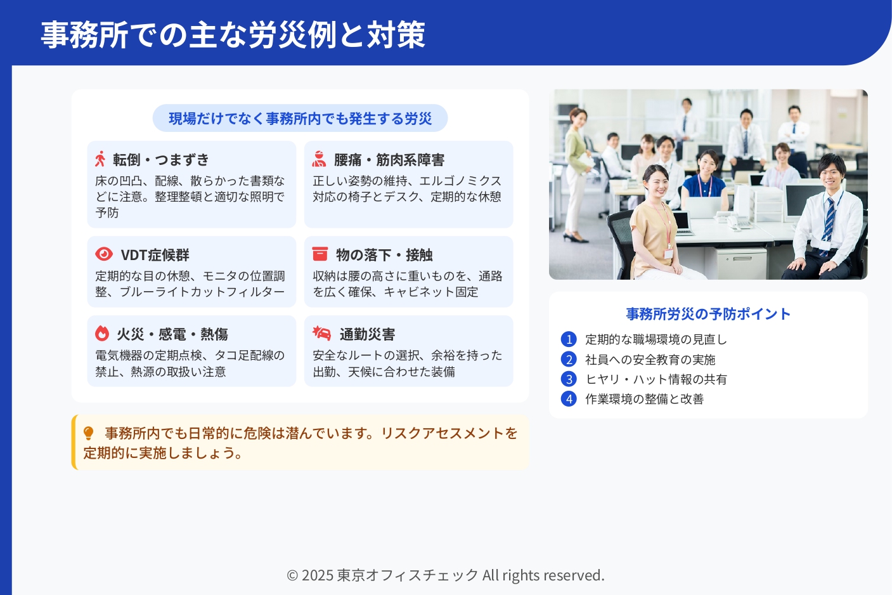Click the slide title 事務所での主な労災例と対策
click(233, 35)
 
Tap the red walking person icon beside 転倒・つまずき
click(100, 159)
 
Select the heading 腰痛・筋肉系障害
click(389, 160)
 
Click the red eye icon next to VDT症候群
click(104, 254)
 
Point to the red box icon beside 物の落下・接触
click(320, 254)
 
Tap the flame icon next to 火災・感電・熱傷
click(102, 333)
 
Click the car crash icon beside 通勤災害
click(322, 333)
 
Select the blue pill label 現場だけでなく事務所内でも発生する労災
click(301, 119)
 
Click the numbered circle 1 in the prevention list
click(569, 339)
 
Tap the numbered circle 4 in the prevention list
click(569, 399)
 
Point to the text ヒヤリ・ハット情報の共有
click(656, 379)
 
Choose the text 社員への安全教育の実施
click(650, 360)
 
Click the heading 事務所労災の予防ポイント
click(708, 314)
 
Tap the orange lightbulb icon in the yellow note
click(88, 433)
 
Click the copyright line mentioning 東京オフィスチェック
click(446, 575)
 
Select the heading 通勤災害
click(367, 334)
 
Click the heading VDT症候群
click(155, 255)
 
